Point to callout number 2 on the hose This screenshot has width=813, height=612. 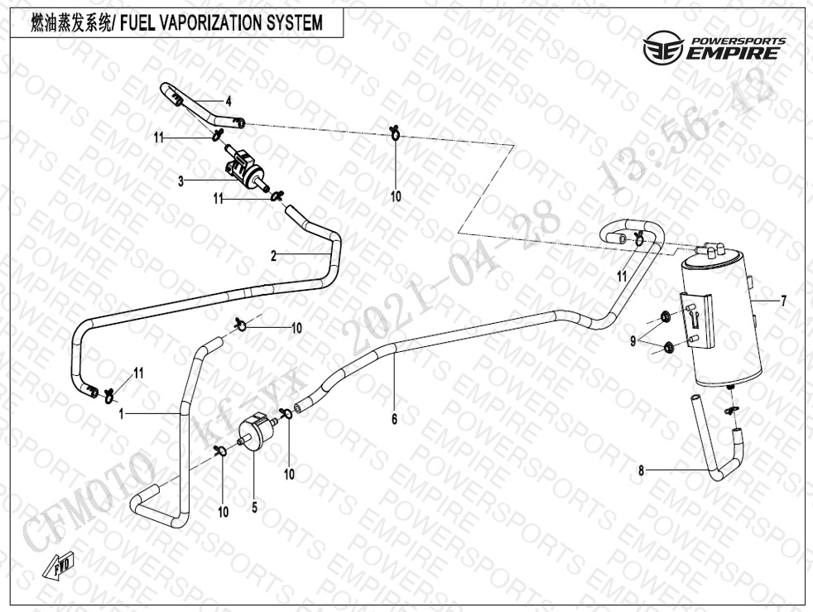click(x=273, y=256)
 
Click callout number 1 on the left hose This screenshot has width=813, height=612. click(x=121, y=412)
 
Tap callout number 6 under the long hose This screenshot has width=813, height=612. click(x=394, y=420)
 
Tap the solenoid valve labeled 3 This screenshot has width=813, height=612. click(x=243, y=166)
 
